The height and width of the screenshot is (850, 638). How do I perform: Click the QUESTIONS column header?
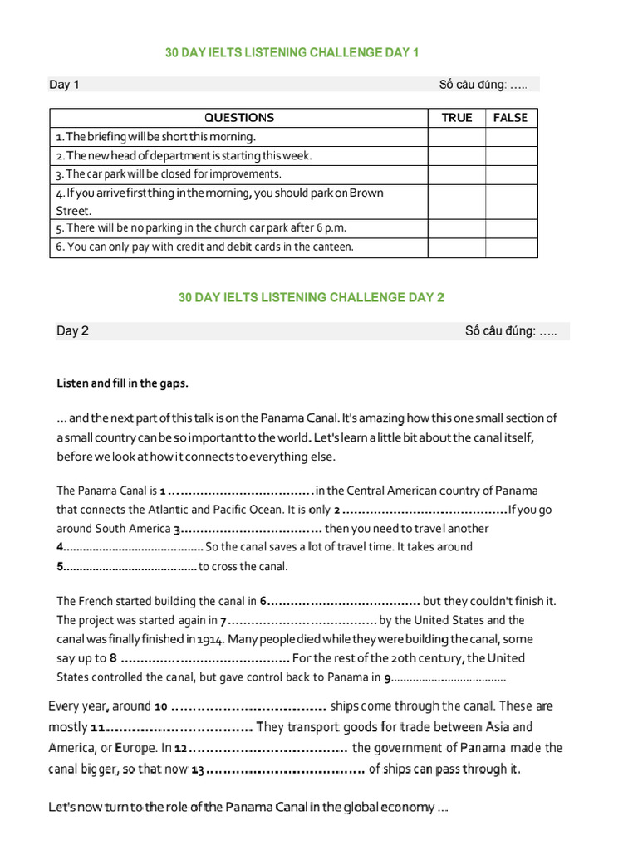238,118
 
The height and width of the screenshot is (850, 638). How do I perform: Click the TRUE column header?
456,118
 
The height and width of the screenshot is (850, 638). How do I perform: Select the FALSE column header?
510,118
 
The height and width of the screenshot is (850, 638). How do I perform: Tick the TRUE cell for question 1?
456,137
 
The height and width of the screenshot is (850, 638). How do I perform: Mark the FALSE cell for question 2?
511,155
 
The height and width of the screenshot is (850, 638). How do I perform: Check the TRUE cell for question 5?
456,228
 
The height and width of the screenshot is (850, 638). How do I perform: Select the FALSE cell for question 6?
511,247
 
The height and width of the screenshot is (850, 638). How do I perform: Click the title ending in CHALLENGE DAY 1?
292,53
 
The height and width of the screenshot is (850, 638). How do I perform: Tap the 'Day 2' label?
72,331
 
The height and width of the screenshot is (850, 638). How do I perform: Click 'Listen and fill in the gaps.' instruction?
122,383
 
